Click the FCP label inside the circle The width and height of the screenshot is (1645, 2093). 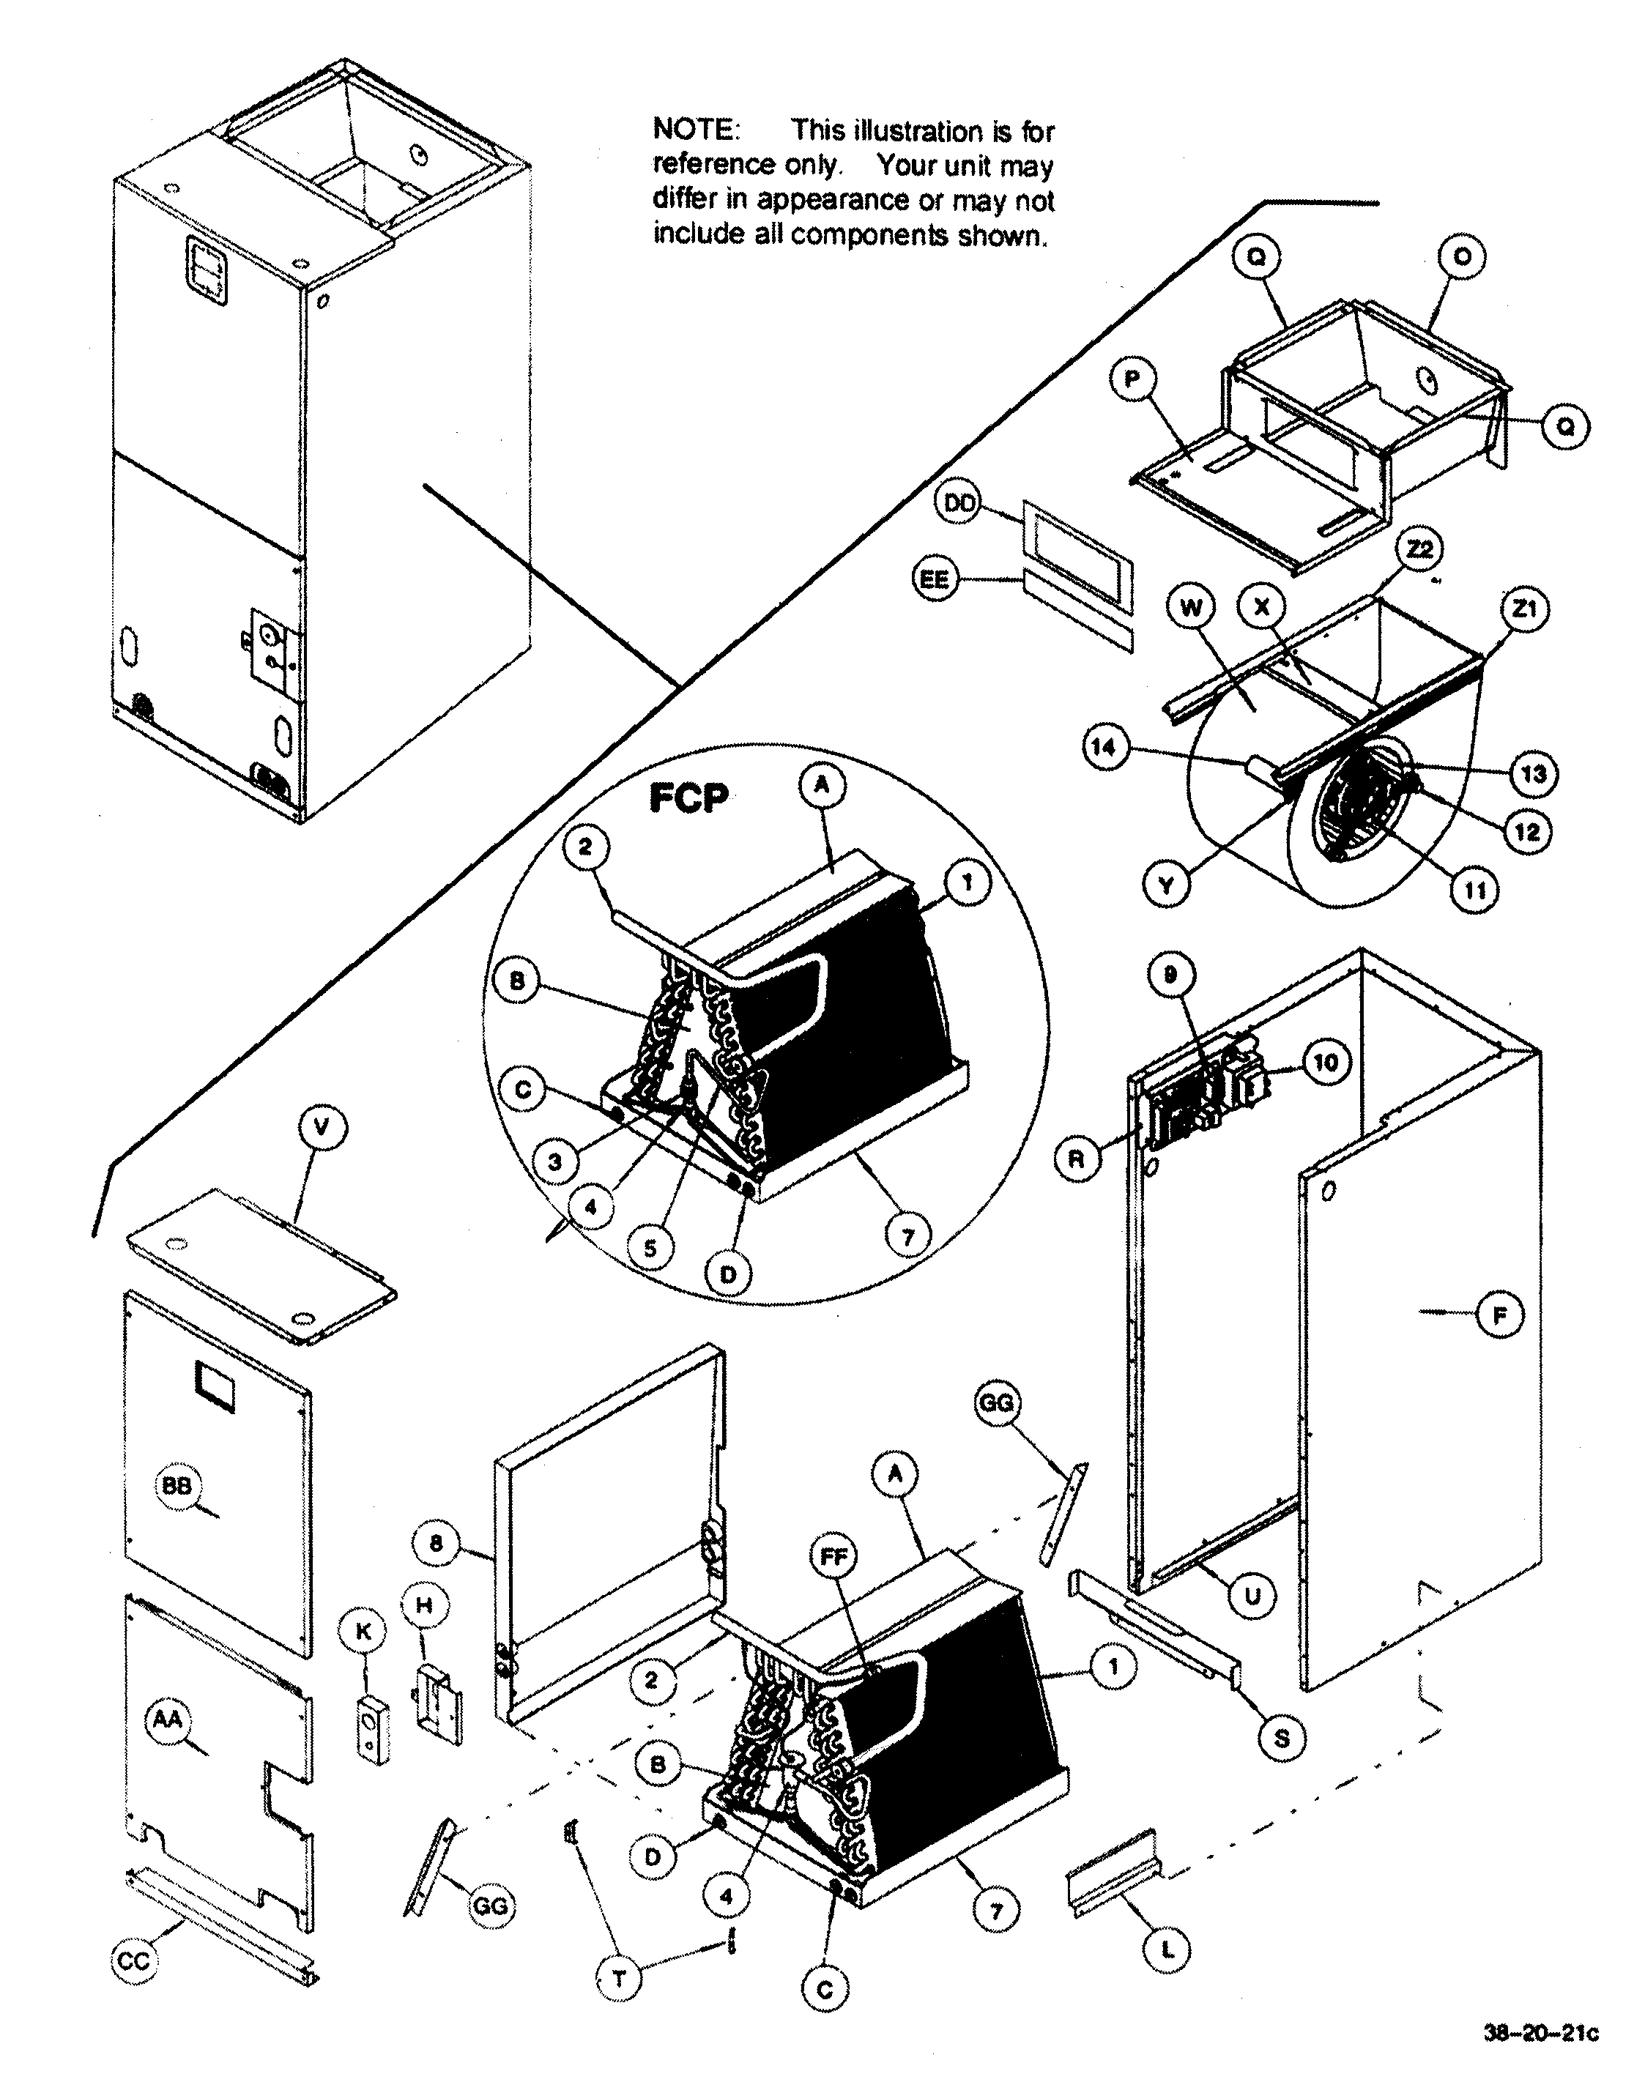click(688, 798)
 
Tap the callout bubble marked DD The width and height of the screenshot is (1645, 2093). click(960, 504)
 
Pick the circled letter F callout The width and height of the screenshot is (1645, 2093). click(1499, 1315)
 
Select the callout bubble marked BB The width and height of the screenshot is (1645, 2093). click(177, 1487)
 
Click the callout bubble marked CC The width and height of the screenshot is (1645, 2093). click(135, 1961)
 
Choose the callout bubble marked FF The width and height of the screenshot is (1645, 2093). click(834, 1557)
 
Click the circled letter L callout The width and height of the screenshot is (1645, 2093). click(1166, 1950)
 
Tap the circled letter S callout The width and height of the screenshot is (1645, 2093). click(1282, 1739)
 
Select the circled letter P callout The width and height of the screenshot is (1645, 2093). click(1132, 379)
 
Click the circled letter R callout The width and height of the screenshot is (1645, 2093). click(1076, 1159)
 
